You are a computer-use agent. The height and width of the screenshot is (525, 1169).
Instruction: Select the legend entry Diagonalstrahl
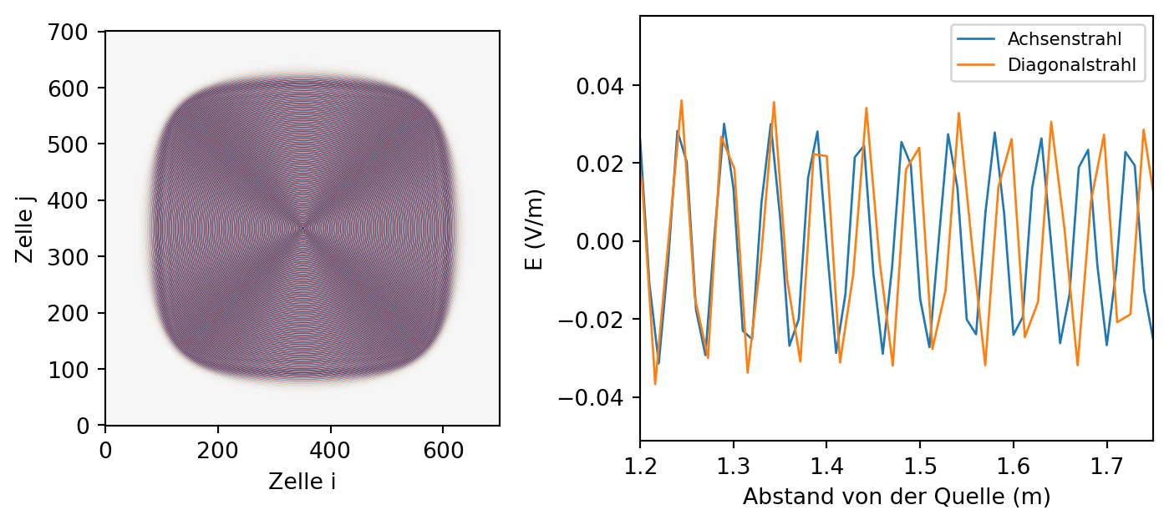[x=1071, y=64]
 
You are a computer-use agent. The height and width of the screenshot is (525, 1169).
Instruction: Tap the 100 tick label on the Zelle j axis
[x=68, y=370]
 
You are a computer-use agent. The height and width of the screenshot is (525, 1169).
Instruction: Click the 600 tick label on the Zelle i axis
[x=443, y=451]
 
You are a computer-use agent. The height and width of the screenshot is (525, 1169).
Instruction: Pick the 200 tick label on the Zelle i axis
[x=217, y=451]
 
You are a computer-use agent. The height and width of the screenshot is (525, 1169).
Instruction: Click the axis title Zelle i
[x=302, y=482]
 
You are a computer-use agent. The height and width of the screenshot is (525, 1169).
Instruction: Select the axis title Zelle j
[x=24, y=229]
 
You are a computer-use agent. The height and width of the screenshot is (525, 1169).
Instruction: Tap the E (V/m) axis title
[x=533, y=230]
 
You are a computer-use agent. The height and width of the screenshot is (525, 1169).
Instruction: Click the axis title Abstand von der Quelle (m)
[x=897, y=497]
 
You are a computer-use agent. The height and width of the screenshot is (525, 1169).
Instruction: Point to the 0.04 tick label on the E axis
[x=600, y=86]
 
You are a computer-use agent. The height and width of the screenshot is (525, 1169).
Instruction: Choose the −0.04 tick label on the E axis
[x=592, y=398]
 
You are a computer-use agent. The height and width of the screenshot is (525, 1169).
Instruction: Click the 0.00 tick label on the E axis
[x=600, y=242]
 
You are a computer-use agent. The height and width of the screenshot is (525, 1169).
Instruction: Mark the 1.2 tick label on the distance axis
[x=640, y=466]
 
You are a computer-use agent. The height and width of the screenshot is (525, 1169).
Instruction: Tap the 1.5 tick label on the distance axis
[x=920, y=466]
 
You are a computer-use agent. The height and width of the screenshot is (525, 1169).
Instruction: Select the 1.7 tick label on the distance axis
[x=1106, y=466]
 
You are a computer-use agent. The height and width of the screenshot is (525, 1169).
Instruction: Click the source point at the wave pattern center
[x=302, y=229]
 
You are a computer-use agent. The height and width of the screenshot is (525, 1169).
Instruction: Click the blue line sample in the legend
[x=976, y=39]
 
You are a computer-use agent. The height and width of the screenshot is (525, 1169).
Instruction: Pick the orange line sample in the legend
[x=976, y=64]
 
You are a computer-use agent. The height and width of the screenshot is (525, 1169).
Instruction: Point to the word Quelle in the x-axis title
[x=981, y=497]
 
